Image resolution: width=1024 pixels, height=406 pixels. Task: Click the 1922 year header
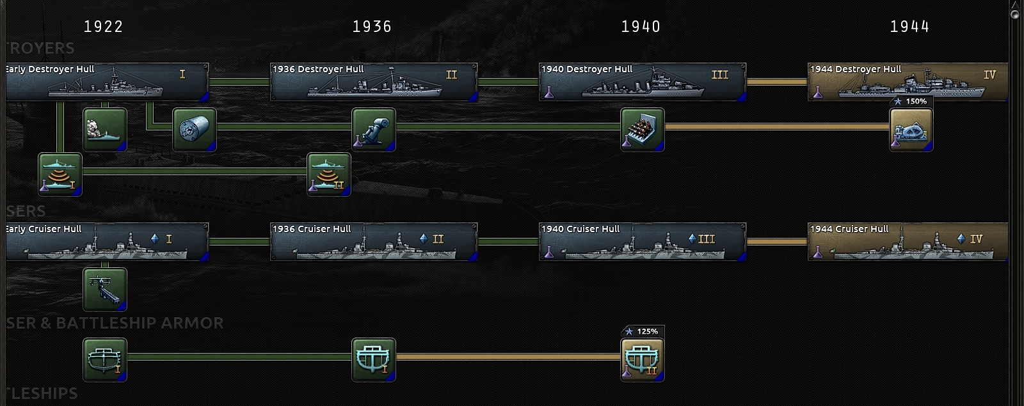103,26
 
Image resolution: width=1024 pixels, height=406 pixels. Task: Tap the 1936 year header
372,26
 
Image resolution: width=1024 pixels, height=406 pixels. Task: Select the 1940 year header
641,26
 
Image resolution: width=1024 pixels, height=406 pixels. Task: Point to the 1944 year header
909,26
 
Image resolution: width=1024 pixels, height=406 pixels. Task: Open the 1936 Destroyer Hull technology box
374,82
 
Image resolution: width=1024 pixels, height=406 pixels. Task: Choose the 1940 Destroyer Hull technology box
643,82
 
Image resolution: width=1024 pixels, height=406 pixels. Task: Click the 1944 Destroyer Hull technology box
908,82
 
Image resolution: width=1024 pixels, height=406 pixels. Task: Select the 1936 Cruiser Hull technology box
374,242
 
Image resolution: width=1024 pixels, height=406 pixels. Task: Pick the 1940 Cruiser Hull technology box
643,242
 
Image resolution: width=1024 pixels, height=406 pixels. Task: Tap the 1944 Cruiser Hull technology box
908,242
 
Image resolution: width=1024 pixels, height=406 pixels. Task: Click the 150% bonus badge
911,101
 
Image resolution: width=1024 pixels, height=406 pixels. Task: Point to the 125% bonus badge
643,331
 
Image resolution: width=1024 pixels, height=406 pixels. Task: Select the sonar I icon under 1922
60,175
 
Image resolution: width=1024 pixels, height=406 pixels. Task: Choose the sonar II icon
329,175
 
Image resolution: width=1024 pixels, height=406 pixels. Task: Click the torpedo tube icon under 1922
195,129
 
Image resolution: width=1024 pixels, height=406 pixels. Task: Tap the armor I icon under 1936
374,359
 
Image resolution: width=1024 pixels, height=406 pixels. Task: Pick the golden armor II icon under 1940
643,359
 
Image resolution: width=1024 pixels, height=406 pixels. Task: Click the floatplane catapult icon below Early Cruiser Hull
105,289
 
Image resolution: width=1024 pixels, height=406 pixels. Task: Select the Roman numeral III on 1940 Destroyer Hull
720,75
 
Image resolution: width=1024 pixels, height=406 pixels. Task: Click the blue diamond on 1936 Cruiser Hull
423,238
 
